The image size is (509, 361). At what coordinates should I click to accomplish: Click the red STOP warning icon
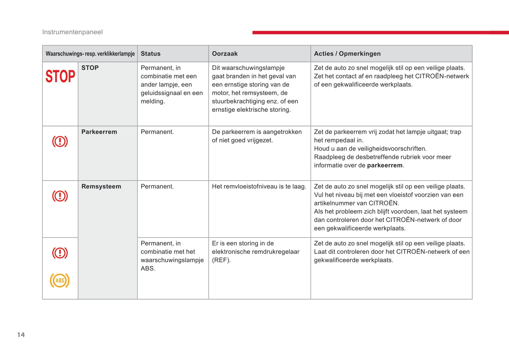(60, 76)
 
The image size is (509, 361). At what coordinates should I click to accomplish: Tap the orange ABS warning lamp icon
(60, 280)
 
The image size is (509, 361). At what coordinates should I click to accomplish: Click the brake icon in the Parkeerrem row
(60, 141)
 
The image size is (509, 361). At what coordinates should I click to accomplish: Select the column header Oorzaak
(225, 54)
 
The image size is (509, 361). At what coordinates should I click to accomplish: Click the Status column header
(150, 54)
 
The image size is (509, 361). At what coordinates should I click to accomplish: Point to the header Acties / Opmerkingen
(347, 54)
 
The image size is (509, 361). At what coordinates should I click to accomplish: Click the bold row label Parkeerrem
(99, 132)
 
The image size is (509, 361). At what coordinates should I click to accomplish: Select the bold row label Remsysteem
(101, 186)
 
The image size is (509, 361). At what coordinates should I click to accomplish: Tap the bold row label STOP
(90, 68)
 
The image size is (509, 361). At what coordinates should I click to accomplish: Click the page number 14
(21, 335)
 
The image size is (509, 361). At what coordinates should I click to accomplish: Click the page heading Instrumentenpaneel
(72, 32)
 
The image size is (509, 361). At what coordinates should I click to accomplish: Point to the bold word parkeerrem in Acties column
(385, 165)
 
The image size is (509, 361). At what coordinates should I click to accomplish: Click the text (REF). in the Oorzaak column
(221, 260)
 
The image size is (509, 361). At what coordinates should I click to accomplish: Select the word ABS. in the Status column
(148, 268)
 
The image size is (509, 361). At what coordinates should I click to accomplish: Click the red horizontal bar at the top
(380, 32)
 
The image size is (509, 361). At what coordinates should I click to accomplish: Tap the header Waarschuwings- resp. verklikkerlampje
(90, 54)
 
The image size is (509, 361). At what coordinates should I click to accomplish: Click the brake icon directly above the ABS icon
(60, 253)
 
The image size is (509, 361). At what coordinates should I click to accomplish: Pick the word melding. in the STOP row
(153, 101)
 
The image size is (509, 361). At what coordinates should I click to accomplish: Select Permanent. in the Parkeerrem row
(157, 132)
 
